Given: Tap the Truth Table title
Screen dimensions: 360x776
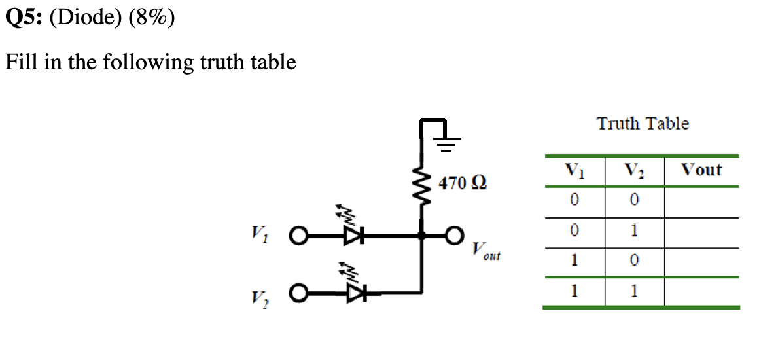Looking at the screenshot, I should pyautogui.click(x=643, y=123).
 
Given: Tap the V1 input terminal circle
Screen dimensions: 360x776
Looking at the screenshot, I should pyautogui.click(x=298, y=234).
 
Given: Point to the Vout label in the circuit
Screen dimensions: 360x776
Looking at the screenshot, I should pyautogui.click(x=485, y=252).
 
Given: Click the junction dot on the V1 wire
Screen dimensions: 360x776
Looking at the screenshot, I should pyautogui.click(x=422, y=234).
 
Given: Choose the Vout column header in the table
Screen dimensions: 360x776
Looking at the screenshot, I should pyautogui.click(x=701, y=171).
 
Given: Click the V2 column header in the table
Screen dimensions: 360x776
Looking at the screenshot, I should pyautogui.click(x=633, y=171).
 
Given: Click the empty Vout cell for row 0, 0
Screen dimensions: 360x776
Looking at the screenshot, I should pyautogui.click(x=701, y=202).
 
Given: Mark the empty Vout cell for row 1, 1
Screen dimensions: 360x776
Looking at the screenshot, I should pyautogui.click(x=701, y=291).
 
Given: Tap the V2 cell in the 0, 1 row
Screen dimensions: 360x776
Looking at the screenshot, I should pyautogui.click(x=634, y=232).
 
